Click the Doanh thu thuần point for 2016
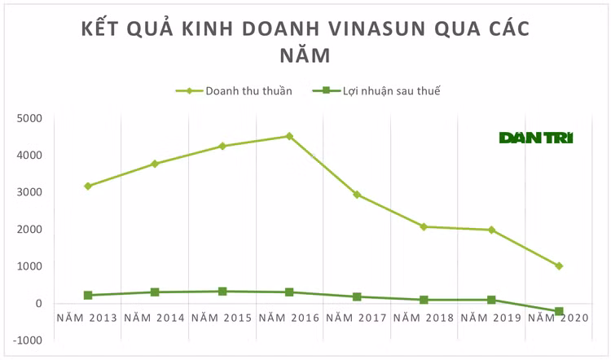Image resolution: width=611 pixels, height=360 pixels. (x=289, y=136)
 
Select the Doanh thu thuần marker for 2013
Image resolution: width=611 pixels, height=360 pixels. (x=87, y=187)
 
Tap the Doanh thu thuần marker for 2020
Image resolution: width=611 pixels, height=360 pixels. (x=559, y=266)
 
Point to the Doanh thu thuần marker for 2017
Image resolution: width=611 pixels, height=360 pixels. (x=357, y=195)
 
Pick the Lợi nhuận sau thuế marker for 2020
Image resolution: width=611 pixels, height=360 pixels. (x=559, y=312)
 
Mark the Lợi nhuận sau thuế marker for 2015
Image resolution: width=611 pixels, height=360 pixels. (x=222, y=291)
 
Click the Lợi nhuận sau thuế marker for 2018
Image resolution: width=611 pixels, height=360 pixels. (x=424, y=300)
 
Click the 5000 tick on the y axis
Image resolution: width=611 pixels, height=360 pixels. (x=29, y=118)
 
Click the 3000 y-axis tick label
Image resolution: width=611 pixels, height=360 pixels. (x=29, y=192)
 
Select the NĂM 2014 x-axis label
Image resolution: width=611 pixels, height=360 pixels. (x=155, y=317)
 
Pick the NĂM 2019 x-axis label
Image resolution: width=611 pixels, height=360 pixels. (x=491, y=317)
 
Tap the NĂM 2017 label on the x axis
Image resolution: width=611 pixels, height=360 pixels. (x=357, y=317)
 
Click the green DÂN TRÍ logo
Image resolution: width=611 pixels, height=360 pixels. (x=535, y=138)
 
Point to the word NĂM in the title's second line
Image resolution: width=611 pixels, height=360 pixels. (x=305, y=55)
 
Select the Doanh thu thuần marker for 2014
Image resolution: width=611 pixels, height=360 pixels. (x=155, y=164)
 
